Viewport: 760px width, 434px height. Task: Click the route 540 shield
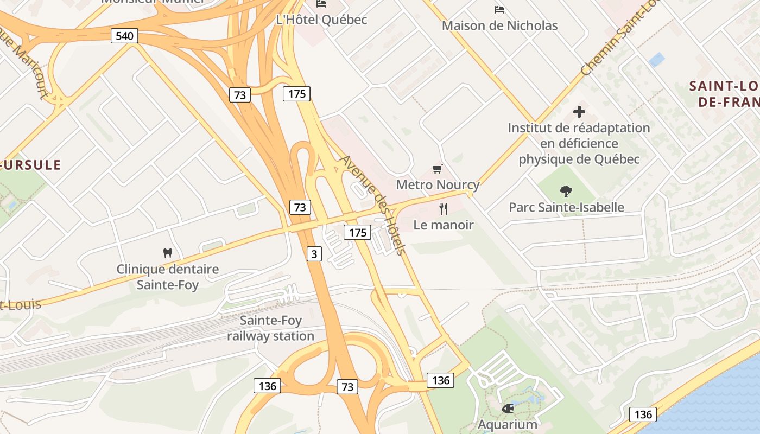pyautogui.click(x=124, y=36)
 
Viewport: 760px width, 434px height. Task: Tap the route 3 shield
pyautogui.click(x=314, y=253)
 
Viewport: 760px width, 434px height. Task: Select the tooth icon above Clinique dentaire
pyautogui.click(x=167, y=253)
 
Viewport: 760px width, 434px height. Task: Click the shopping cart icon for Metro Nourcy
pyautogui.click(x=438, y=169)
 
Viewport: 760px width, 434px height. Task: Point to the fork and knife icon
pyautogui.click(x=444, y=208)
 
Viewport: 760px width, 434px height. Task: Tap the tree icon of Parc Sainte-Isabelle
pyautogui.click(x=566, y=191)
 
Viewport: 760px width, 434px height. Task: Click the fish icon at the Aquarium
pyautogui.click(x=508, y=409)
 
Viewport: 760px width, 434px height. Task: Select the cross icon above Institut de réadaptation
pyautogui.click(x=579, y=112)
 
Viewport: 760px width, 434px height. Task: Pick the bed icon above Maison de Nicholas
pyautogui.click(x=499, y=10)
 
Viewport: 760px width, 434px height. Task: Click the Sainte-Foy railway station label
pyautogui.click(x=270, y=328)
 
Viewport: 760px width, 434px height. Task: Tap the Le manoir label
pyautogui.click(x=444, y=225)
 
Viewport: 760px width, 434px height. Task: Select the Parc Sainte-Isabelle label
pyautogui.click(x=566, y=207)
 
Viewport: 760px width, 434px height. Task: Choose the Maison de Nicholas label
pyautogui.click(x=499, y=25)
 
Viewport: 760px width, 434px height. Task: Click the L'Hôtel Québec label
pyautogui.click(x=321, y=20)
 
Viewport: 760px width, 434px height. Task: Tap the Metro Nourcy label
pyautogui.click(x=438, y=184)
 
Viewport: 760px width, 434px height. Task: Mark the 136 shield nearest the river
pyautogui.click(x=643, y=415)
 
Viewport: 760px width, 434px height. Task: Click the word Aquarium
pyautogui.click(x=508, y=424)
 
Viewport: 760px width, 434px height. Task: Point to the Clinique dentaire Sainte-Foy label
pyautogui.click(x=167, y=277)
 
